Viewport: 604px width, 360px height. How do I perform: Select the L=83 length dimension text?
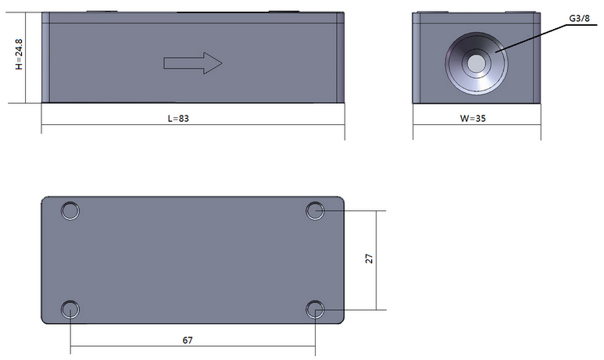pos(180,119)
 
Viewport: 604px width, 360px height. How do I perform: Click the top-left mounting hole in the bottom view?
pos(70,211)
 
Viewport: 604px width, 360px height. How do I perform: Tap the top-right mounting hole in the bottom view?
pos(315,210)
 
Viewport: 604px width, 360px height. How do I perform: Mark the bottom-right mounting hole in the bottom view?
pos(315,309)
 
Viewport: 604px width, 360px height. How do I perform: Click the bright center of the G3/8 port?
pos(474,63)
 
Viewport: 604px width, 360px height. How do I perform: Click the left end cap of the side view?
pos(45,58)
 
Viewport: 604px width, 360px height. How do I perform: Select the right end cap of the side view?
pos(340,58)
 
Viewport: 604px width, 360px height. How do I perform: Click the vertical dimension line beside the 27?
pos(377,234)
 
